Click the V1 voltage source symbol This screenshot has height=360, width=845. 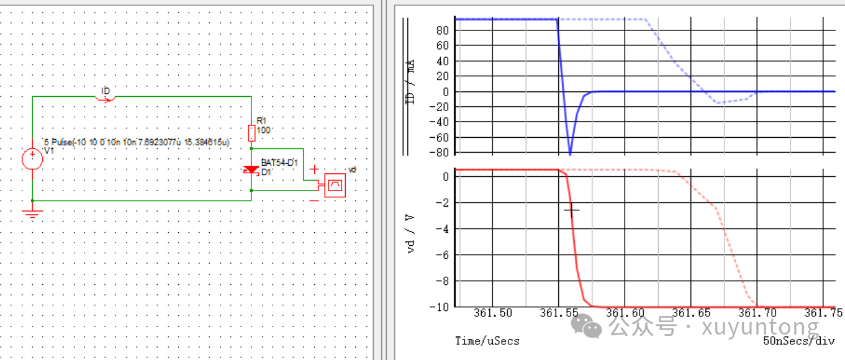(x=32, y=160)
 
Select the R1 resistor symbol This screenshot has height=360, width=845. (x=251, y=133)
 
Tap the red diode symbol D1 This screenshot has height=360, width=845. (x=251, y=169)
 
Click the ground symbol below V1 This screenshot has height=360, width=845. (x=32, y=214)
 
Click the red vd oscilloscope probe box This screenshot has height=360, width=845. (x=335, y=185)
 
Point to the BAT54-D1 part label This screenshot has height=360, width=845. (x=279, y=163)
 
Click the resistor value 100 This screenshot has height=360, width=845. (x=263, y=130)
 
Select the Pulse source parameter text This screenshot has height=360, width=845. (x=137, y=142)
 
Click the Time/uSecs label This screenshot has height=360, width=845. (x=487, y=341)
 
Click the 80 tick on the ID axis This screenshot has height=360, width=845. (x=442, y=30)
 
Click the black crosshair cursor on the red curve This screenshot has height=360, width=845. (x=571, y=210)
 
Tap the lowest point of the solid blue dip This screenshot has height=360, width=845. (x=570, y=153)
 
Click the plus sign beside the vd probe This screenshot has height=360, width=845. (x=314, y=169)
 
